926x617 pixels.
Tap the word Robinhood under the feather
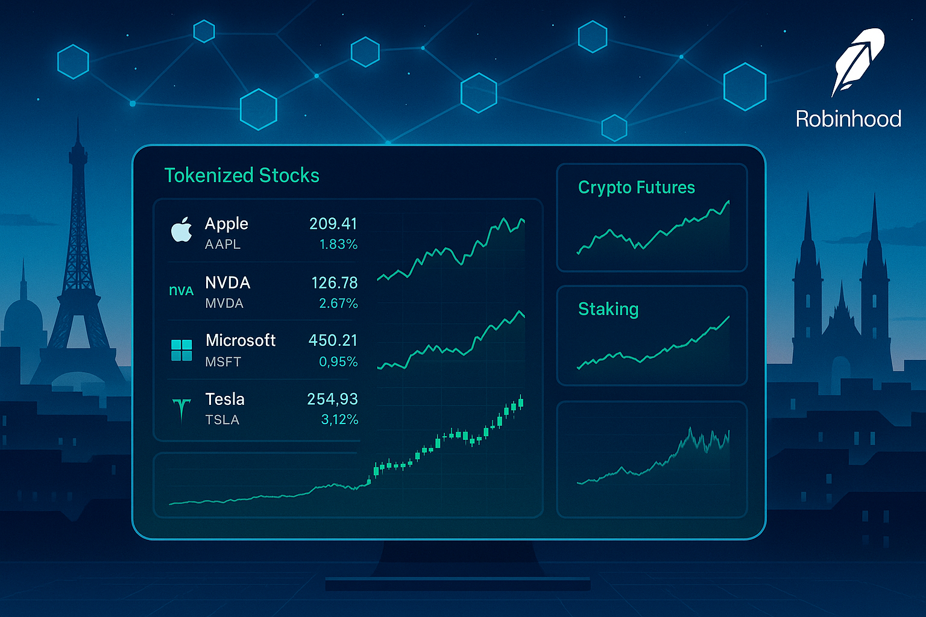point(848,119)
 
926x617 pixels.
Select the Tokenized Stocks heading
point(242,175)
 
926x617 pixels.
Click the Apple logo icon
point(181,230)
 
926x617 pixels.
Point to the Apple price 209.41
point(333,224)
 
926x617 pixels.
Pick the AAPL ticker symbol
point(222,244)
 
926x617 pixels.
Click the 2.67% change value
point(338,303)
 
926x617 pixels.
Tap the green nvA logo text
point(181,291)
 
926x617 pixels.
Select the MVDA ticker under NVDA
point(224,303)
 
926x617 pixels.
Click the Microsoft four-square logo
point(181,351)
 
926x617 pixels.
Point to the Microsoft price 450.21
point(333,340)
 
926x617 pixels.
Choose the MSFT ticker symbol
point(223,362)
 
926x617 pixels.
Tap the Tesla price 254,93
point(332,399)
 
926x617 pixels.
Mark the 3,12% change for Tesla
point(339,420)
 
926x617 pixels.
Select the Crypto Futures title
point(636,187)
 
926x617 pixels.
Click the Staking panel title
point(608,309)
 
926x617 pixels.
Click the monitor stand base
point(458,583)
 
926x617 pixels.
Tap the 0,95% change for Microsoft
point(338,362)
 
